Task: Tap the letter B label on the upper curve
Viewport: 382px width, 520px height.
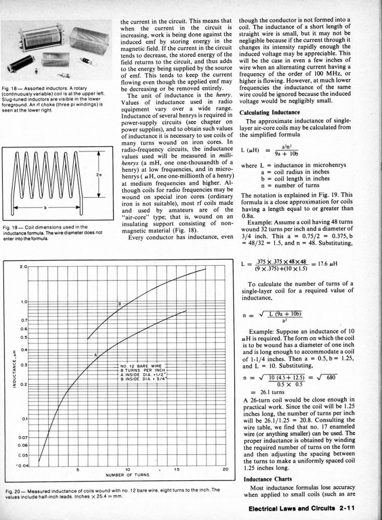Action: tap(120, 304)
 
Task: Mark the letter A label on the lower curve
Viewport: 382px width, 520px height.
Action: tap(95, 355)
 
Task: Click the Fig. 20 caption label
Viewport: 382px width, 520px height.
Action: tap(14, 489)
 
